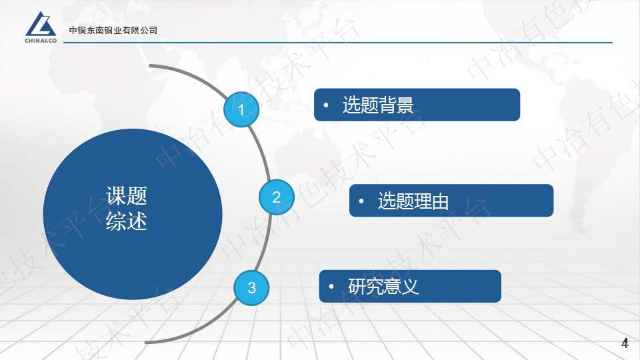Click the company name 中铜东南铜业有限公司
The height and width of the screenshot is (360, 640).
tap(113, 30)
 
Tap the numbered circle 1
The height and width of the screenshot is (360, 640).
tap(241, 109)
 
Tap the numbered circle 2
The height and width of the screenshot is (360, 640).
tap(276, 197)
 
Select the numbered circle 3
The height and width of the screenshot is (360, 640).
tap(251, 287)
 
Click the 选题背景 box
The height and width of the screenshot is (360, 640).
tap(417, 105)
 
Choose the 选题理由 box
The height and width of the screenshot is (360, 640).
tap(451, 201)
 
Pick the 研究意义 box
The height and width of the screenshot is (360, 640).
tap(409, 287)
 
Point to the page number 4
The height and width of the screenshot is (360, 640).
tap(625, 344)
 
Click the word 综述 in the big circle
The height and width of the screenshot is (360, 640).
tap(127, 221)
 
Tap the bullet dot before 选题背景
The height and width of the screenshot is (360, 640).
tap(326, 105)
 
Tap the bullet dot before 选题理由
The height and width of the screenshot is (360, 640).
tap(361, 201)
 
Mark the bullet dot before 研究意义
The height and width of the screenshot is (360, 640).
tap(331, 287)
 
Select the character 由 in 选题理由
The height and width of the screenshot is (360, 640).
tap(440, 201)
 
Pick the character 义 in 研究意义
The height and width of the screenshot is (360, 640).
tap(411, 287)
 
